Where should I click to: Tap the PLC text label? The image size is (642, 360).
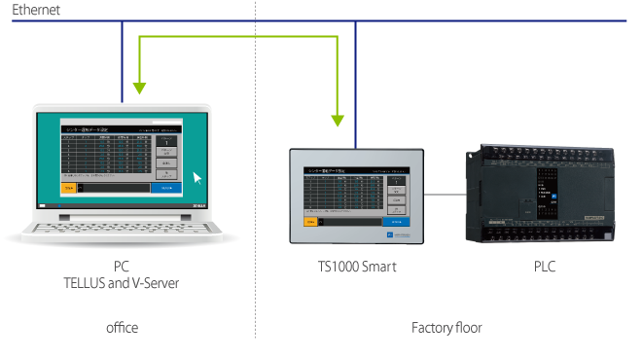click(545, 266)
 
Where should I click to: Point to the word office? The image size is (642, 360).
click(122, 328)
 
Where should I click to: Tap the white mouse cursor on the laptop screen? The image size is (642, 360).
click(198, 178)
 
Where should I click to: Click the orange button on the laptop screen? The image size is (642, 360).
click(68, 187)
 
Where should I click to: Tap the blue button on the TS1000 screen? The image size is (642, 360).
click(396, 221)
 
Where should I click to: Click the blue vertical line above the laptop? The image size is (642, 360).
click(123, 58)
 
